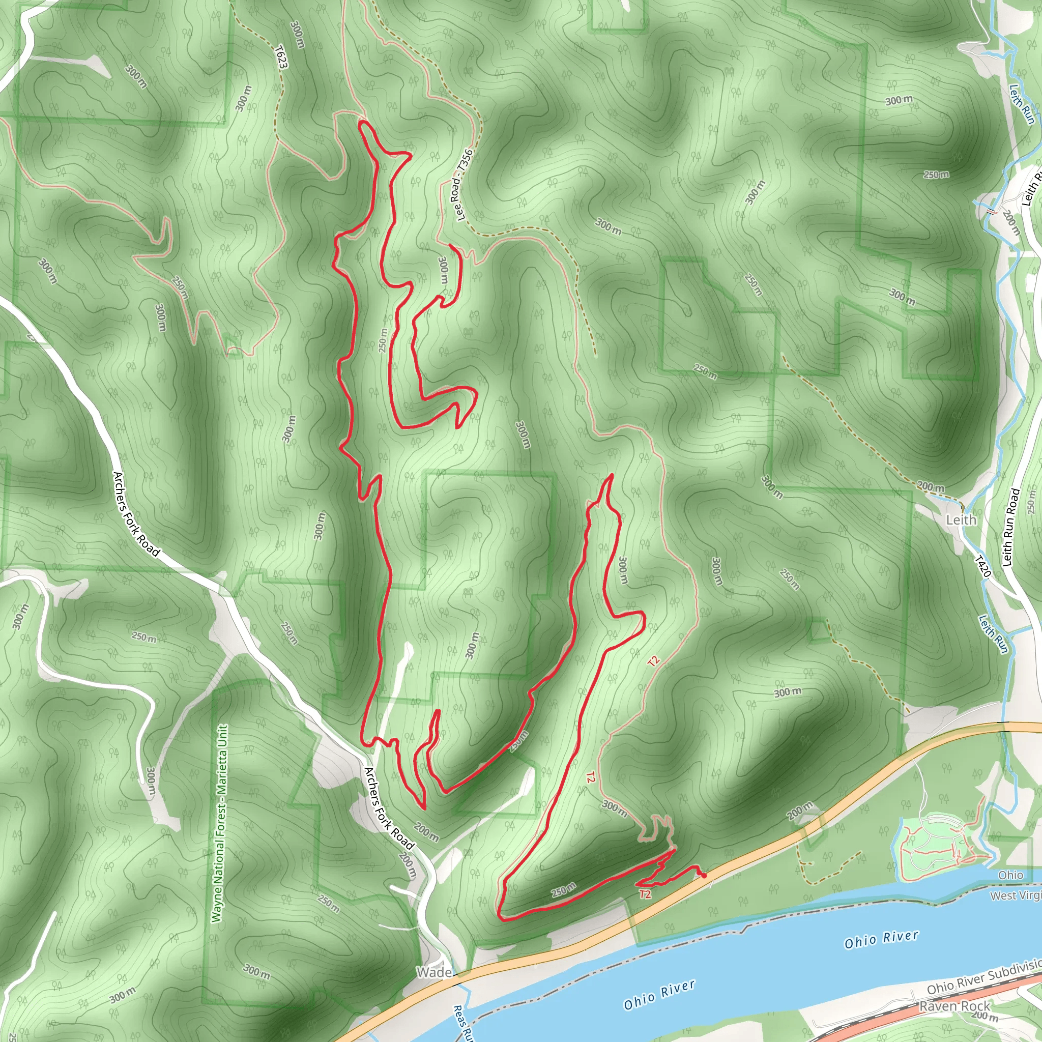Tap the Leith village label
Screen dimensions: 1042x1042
[x=961, y=520]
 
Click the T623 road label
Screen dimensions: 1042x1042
[x=281, y=56]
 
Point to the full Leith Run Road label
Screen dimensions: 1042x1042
[x=1011, y=528]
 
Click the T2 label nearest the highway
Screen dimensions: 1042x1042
[x=645, y=895]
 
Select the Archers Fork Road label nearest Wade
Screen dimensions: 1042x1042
[x=388, y=808]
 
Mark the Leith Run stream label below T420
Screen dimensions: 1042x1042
[x=994, y=634]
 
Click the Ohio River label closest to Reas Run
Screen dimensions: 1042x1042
[x=659, y=995]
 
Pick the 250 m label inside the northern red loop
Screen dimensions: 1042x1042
[x=383, y=340]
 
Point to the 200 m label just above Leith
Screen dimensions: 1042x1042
[x=931, y=486]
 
